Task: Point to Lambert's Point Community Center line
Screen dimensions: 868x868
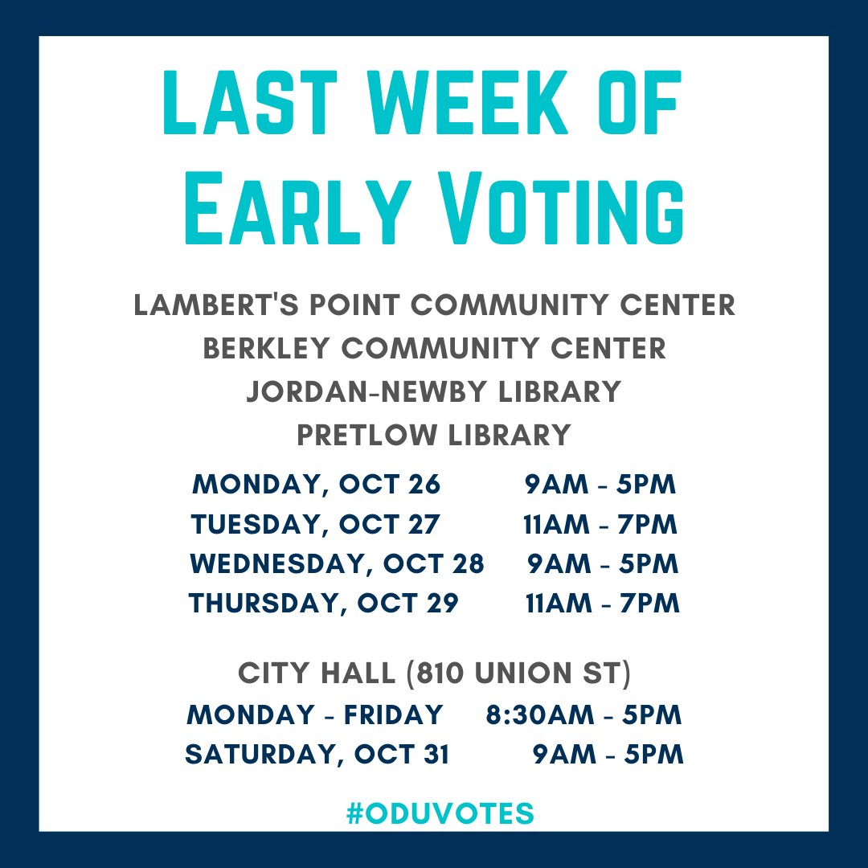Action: (x=434, y=305)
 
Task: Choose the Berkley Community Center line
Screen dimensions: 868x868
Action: (x=434, y=349)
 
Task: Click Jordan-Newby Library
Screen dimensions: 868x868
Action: (x=434, y=392)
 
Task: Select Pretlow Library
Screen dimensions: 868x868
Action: (x=434, y=435)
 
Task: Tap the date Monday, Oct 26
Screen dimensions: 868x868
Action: (x=317, y=485)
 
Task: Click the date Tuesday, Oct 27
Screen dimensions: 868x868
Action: (x=316, y=525)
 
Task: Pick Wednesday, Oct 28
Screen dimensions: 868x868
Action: (x=337, y=564)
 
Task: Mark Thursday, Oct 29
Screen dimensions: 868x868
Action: (x=323, y=604)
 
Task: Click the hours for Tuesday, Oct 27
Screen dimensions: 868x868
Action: (x=600, y=525)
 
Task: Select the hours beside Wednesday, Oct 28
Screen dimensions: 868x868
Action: (x=603, y=564)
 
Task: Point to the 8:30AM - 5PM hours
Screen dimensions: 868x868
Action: (x=583, y=714)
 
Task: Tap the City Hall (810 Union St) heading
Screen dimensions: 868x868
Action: (x=434, y=674)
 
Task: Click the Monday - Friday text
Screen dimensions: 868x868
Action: (x=314, y=714)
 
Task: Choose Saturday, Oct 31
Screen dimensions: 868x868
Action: (x=317, y=755)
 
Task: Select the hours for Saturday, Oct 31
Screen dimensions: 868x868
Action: (x=608, y=755)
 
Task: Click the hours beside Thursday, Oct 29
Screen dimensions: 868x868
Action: (x=602, y=604)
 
